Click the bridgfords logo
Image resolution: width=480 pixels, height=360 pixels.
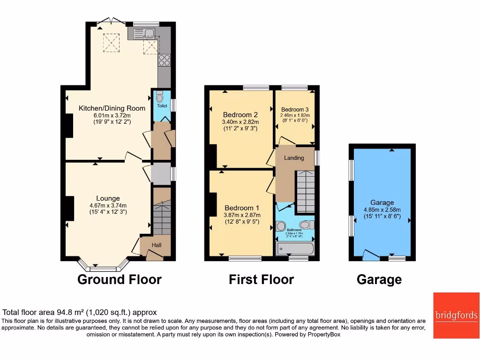(456, 315)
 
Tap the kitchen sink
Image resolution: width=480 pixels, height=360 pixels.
(144, 33)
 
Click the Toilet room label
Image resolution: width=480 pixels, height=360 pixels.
(162, 106)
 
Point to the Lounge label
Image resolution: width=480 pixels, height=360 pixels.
(108, 198)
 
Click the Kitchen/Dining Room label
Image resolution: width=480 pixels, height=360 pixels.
(112, 108)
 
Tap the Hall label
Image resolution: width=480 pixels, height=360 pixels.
(156, 245)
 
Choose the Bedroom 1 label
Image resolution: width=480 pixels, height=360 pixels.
(241, 208)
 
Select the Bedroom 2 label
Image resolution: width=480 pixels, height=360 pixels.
(240, 114)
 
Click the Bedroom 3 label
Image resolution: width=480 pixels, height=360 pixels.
(295, 109)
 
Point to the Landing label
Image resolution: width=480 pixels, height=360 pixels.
(294, 157)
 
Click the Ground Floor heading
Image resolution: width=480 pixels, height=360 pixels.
(119, 280)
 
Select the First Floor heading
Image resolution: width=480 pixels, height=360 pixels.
(261, 280)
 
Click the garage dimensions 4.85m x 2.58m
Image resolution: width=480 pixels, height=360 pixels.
(382, 210)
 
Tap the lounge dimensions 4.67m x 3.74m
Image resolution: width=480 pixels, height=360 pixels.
(108, 205)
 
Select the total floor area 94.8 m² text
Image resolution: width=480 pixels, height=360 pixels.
(80, 312)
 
